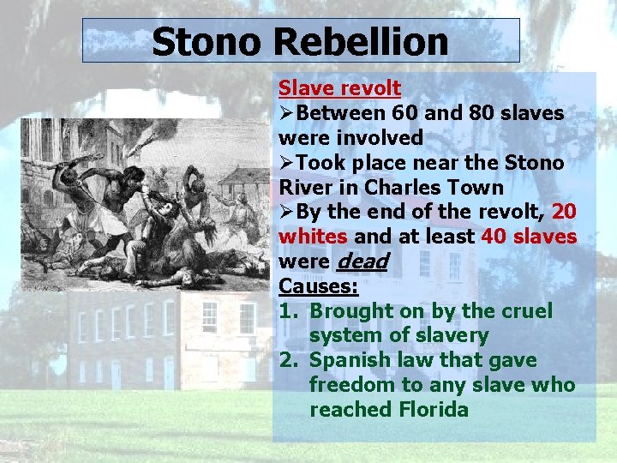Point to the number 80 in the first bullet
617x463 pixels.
click(487, 113)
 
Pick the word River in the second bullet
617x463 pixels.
click(304, 187)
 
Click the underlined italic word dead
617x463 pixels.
click(366, 262)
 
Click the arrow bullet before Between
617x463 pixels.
click(288, 113)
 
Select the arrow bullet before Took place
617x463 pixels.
click(288, 163)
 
